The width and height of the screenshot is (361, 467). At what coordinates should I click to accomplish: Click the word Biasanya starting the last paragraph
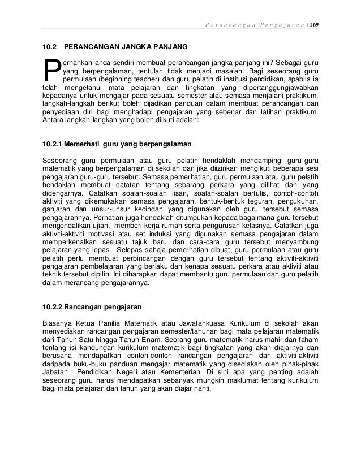tap(58, 326)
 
